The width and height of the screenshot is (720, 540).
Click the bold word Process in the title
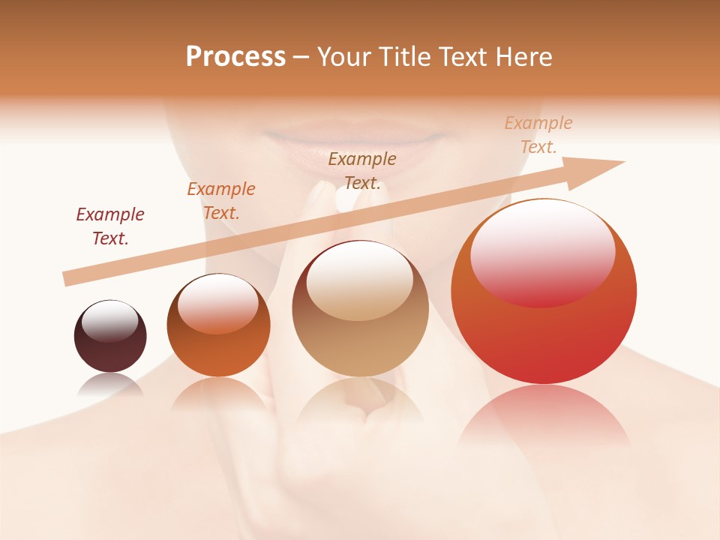235,57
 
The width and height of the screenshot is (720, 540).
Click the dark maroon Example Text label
110,226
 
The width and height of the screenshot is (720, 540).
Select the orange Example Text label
221,201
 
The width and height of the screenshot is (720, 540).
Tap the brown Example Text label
362,171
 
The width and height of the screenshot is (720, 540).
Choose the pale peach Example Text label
538,135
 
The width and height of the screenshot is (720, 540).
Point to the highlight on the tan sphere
359,280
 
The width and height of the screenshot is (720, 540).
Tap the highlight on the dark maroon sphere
109,321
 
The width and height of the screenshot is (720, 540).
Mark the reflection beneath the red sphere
544,416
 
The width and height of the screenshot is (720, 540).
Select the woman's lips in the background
355,139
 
